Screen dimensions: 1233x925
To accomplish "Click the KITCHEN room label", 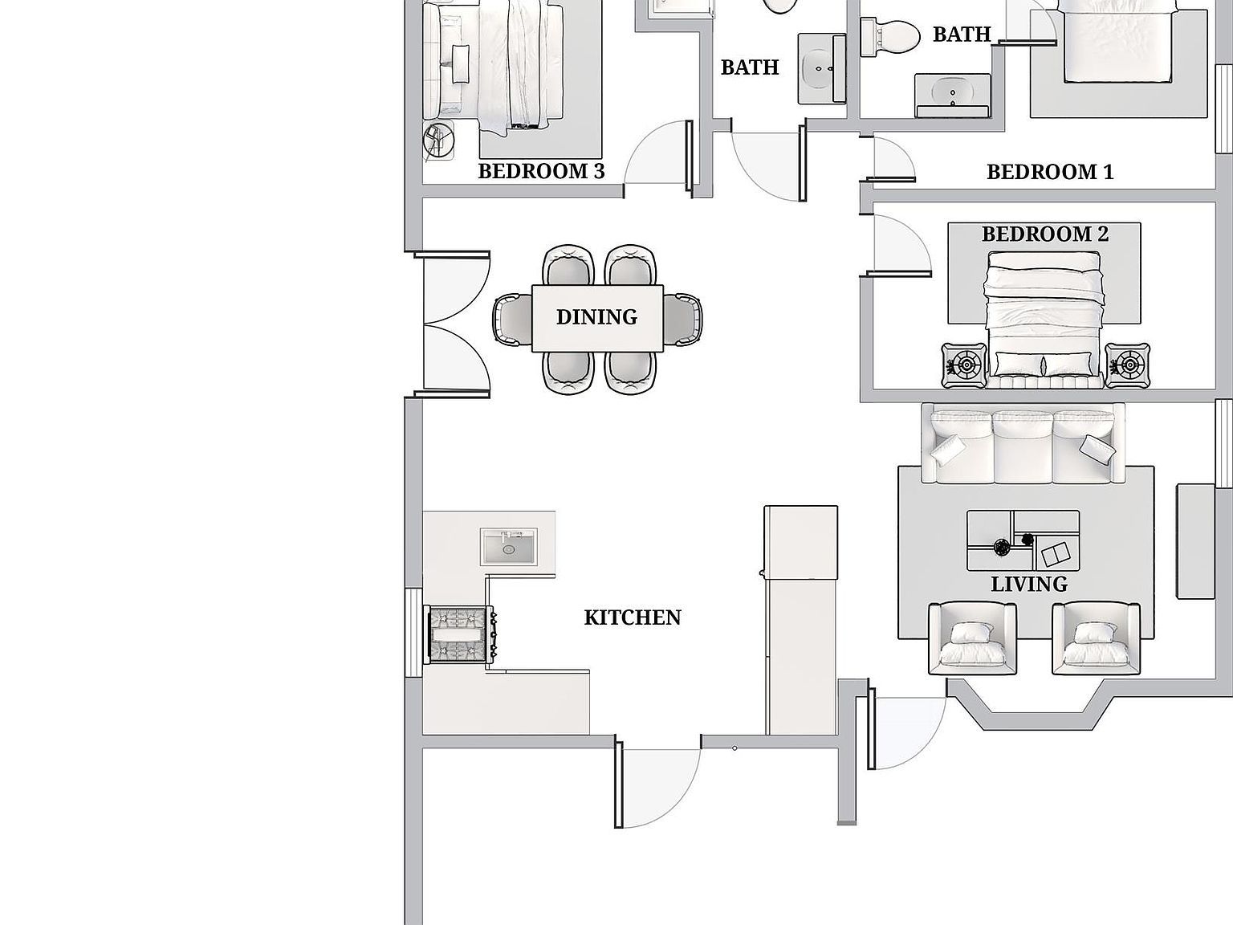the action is pos(633,617).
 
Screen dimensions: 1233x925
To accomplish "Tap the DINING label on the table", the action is pos(597,317).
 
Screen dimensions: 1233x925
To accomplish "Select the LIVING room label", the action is pos(1029,585).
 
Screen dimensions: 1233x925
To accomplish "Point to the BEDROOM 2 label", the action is pos(1045,234).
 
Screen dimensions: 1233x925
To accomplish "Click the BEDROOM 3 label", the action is pos(542,171).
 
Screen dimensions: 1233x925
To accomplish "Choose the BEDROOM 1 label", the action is pos(1050,172).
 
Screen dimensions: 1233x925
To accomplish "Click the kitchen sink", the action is pos(509,547).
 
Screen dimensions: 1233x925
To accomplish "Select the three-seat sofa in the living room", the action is pos(1023,444).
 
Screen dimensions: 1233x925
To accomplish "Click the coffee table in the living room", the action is pos(1023,540).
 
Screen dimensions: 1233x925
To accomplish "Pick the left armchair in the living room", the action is pos(972,638).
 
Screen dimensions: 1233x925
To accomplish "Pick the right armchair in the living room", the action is pos(1096,638).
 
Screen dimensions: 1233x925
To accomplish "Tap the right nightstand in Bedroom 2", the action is pos(1127,365).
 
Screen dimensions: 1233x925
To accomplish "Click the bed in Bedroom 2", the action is pos(1043,320).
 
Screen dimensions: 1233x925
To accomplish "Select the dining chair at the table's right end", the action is pos(682,319).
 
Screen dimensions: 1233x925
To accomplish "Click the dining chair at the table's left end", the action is pos(513,319).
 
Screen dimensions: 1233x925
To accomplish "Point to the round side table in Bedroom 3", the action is pos(438,141).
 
